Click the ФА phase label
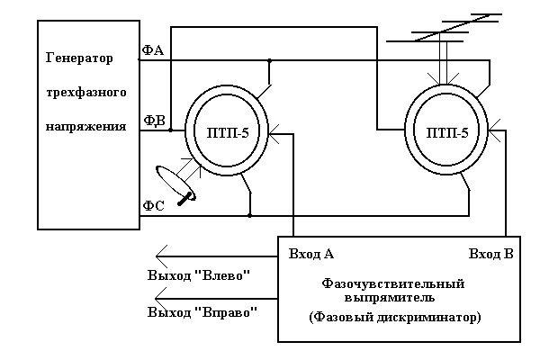point(152,50)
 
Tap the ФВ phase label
point(152,120)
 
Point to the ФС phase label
point(152,206)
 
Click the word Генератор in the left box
point(79,59)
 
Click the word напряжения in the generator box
point(85,127)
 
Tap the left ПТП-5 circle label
point(225,130)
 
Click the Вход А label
point(311,254)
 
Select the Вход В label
point(490,254)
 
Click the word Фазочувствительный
point(392,283)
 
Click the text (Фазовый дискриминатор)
point(394,318)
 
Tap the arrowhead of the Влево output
point(161,254)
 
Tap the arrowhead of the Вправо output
point(161,298)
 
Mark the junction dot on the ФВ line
point(170,130)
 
